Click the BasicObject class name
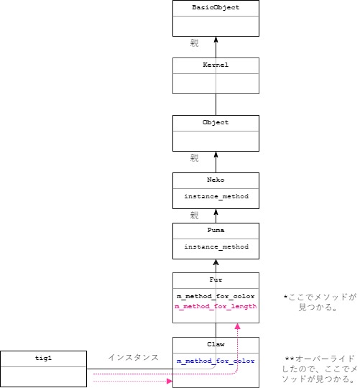(216, 8)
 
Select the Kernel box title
(216, 65)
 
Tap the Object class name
(216, 122)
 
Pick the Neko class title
(216, 180)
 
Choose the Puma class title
(216, 231)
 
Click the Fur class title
(216, 280)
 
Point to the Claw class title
(216, 344)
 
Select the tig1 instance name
(42, 358)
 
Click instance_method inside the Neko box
(216, 196)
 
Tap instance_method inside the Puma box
(216, 247)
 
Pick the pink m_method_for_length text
(216, 306)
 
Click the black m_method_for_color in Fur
(216, 296)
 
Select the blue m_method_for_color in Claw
(216, 361)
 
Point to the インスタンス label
(133, 357)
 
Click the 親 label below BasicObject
(194, 44)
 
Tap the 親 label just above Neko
(194, 158)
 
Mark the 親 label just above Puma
(194, 215)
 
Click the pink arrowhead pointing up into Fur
(239, 326)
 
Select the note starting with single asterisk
(320, 301)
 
